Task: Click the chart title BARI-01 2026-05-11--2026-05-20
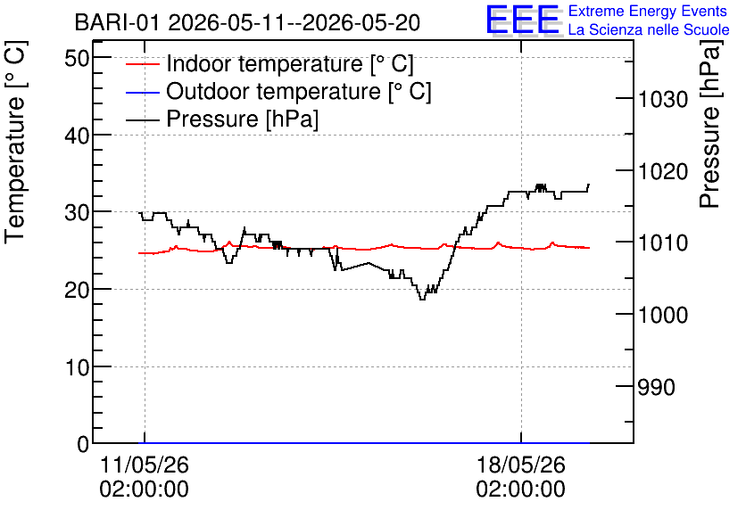pyautogui.click(x=247, y=23)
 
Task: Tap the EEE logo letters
pyautogui.click(x=523, y=20)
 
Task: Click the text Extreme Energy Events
pyautogui.click(x=648, y=11)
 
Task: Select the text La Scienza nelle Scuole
pyautogui.click(x=649, y=29)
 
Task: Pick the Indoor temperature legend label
pyautogui.click(x=290, y=63)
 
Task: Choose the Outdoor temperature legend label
pyautogui.click(x=299, y=91)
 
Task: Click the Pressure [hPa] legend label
pyautogui.click(x=242, y=119)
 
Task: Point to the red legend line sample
pyautogui.click(x=142, y=64)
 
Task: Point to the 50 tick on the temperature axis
pyautogui.click(x=77, y=58)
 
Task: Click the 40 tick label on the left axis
pyautogui.click(x=77, y=136)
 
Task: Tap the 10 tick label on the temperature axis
pyautogui.click(x=77, y=367)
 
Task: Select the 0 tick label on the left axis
pyautogui.click(x=83, y=444)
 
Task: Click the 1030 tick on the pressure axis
pyautogui.click(x=663, y=99)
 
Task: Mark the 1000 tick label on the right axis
pyautogui.click(x=663, y=315)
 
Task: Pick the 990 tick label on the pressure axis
pyautogui.click(x=657, y=387)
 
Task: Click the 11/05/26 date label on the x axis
pyautogui.click(x=145, y=465)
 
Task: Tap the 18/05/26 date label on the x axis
pyautogui.click(x=521, y=465)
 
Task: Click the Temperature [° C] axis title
pyautogui.click(x=15, y=143)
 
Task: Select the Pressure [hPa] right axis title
pyautogui.click(x=710, y=124)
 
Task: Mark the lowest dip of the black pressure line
pyautogui.click(x=422, y=300)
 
